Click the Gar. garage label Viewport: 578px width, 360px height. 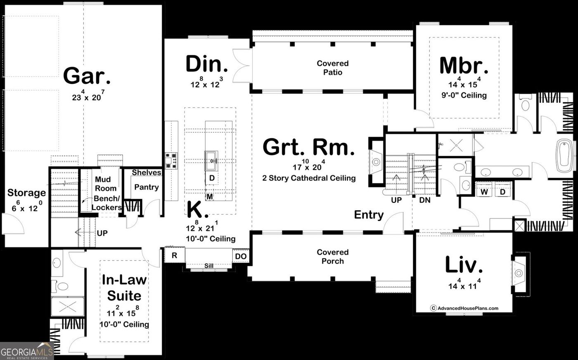click(x=87, y=76)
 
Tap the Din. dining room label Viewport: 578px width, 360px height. click(x=207, y=64)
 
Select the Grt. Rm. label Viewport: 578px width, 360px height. click(x=309, y=147)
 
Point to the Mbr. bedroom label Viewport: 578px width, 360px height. click(x=464, y=66)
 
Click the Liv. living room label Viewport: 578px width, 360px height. click(x=464, y=265)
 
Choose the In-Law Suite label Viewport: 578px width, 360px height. click(x=124, y=288)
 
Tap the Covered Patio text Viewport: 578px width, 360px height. click(x=333, y=68)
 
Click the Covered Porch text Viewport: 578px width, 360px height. click(x=333, y=256)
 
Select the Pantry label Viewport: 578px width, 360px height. click(x=147, y=187)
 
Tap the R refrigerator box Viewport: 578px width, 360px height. click(x=174, y=255)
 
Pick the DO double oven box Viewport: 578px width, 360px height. click(x=241, y=256)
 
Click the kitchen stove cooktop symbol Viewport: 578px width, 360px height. click(x=171, y=161)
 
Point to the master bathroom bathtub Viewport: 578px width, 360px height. click(x=564, y=156)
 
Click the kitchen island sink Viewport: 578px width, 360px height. click(x=211, y=161)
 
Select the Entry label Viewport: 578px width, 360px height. click(x=369, y=215)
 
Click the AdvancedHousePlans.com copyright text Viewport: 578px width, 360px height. click(x=464, y=308)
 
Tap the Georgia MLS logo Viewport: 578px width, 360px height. click(x=27, y=351)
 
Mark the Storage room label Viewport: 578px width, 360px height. click(x=26, y=193)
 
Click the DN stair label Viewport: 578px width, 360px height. click(x=425, y=200)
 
